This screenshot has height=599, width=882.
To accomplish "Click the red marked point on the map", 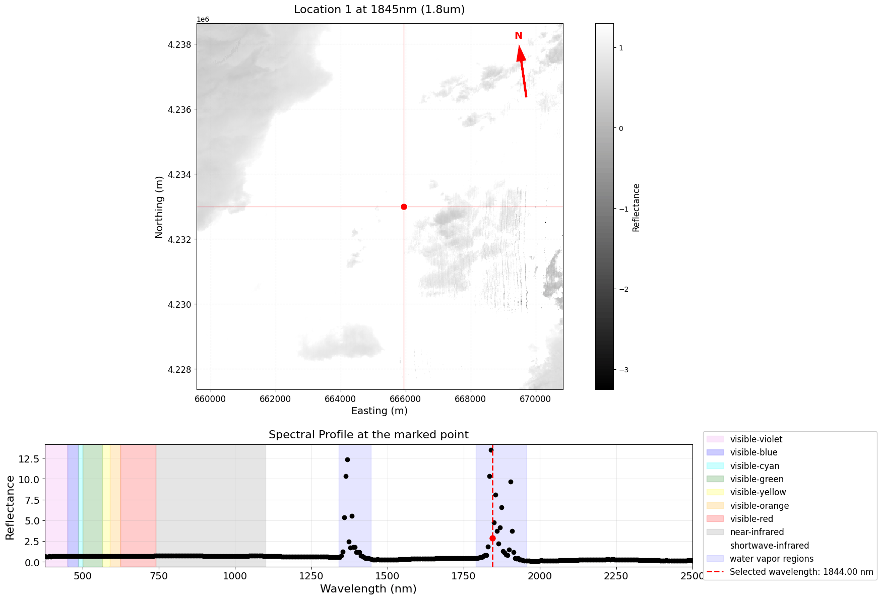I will point(404,207).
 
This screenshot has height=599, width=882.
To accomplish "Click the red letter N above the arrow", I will point(518,36).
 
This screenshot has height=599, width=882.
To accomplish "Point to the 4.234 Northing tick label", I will point(179,175).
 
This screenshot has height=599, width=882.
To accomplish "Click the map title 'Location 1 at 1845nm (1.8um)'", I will point(379,10).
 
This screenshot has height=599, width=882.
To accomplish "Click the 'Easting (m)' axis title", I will point(379,411).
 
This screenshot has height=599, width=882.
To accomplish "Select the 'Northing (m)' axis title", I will point(159,207).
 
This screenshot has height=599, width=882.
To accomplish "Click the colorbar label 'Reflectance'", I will point(636,207).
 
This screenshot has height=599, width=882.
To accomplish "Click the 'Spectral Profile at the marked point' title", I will point(368,435).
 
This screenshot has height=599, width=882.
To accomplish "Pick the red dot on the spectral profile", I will point(492,539).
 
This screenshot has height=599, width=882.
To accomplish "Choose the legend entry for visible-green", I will point(757,479).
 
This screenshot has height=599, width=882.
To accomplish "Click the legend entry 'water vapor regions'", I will point(771,559).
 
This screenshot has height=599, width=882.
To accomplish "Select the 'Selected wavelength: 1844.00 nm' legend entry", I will point(801,572).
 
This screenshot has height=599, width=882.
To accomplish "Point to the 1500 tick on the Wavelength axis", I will point(387,576).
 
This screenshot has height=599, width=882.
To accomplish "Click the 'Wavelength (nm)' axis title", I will point(368,588).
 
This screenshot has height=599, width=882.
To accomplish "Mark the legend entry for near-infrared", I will point(757,532).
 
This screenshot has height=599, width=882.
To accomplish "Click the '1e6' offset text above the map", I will point(203,19).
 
